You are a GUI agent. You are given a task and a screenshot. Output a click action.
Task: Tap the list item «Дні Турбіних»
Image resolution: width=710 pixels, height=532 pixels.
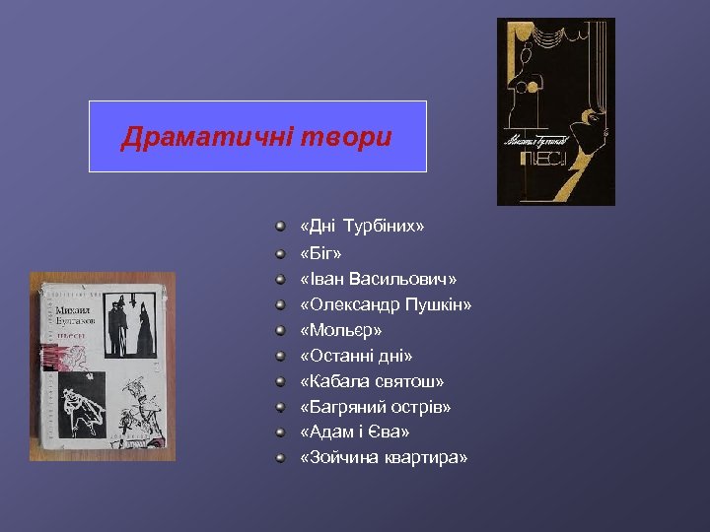(x=362, y=228)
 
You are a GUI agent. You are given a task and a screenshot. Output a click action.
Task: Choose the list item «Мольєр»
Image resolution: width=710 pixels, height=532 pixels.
(x=340, y=330)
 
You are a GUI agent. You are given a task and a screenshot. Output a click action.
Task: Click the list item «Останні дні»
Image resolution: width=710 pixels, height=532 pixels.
(x=356, y=356)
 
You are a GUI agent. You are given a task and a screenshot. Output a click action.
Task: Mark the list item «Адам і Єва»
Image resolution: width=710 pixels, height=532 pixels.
(x=354, y=432)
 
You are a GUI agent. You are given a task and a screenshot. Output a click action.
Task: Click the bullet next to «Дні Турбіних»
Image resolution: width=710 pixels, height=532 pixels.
(x=281, y=228)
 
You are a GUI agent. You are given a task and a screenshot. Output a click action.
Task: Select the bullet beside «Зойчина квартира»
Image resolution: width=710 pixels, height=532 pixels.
(x=281, y=458)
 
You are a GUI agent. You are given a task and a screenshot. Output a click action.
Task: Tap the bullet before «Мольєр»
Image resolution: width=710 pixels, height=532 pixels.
(x=281, y=330)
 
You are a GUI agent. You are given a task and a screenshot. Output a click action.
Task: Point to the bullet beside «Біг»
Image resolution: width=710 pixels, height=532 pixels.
(x=281, y=253)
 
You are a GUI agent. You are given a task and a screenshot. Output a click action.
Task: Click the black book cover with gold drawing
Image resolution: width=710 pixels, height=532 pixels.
(x=555, y=111)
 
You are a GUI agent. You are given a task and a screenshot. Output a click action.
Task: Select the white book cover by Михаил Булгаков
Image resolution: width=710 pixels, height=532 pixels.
(x=102, y=366)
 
